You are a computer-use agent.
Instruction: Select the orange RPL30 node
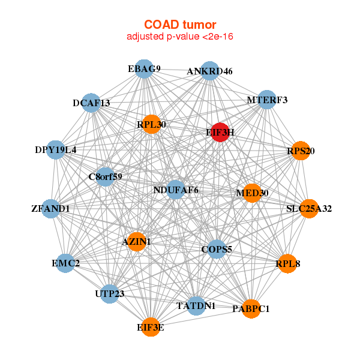coord(151,124)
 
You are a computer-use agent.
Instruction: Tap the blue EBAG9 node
coord(144,69)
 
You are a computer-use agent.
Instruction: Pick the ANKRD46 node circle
coord(209,71)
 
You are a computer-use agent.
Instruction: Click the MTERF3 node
coord(266,100)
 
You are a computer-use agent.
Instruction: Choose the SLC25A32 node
coord(308,209)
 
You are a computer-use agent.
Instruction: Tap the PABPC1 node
coord(251,308)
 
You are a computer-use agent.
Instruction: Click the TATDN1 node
coord(196,305)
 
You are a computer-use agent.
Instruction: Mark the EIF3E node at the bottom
coord(151,327)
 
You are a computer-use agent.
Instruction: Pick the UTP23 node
coord(110,294)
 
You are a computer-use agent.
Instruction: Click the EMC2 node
coord(65,263)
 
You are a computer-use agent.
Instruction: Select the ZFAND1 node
coord(51,209)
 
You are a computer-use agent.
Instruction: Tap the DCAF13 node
coord(91,103)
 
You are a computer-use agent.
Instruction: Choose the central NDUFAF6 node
coord(175,190)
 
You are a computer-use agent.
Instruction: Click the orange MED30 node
coord(252,193)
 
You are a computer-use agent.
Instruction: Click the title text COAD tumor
coord(180,25)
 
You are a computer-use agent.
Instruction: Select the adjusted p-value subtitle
coord(180,37)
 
